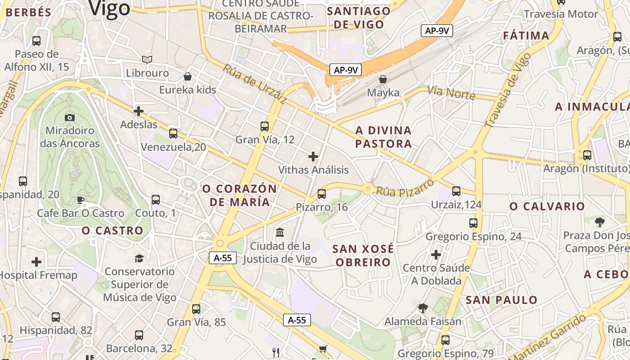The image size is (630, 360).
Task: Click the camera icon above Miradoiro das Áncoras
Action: pyautogui.click(x=70, y=117)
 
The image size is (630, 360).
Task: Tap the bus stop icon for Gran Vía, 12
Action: pyautogui.click(x=265, y=126)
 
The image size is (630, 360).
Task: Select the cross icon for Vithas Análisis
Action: pyautogui.click(x=313, y=157)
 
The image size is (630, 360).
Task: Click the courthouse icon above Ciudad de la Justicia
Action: pyautogui.click(x=280, y=233)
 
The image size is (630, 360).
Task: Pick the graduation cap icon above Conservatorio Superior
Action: pyautogui.click(x=139, y=258)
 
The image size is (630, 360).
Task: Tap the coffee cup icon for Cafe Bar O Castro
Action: pyautogui.click(x=81, y=200)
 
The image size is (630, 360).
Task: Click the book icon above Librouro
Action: pyautogui.click(x=147, y=59)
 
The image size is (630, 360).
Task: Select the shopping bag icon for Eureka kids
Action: pyautogui.click(x=188, y=76)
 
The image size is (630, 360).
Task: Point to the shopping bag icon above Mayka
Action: pyautogui.click(x=383, y=79)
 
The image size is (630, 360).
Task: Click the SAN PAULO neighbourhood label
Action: pyautogui.click(x=501, y=300)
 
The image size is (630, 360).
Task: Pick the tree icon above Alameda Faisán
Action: pyautogui.click(x=423, y=308)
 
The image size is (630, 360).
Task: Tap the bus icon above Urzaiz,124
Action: pyautogui.click(x=456, y=191)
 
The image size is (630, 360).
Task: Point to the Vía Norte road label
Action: pyautogui.click(x=451, y=93)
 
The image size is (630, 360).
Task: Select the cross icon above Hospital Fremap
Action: pyautogui.click(x=36, y=262)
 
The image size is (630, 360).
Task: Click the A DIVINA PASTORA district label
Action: pyautogui.click(x=383, y=137)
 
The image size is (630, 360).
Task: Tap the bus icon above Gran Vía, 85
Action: pyautogui.click(x=196, y=309)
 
